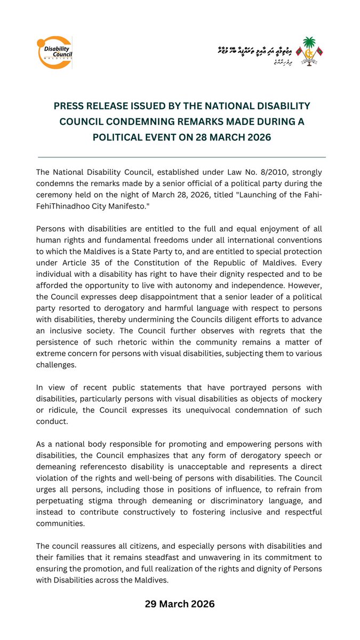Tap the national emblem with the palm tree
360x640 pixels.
pos(309,52)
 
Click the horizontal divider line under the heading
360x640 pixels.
pos(182,157)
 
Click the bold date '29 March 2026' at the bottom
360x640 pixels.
pos(180,604)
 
